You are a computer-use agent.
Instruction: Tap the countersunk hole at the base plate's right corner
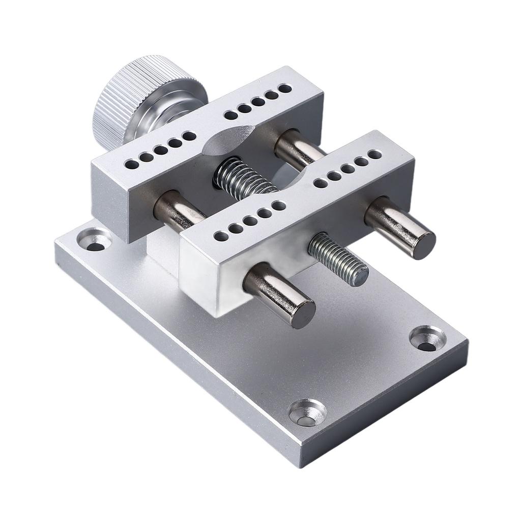coord(428,339)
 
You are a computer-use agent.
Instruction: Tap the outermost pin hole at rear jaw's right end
coord(285,89)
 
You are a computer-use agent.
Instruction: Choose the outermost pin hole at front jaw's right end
coord(375,154)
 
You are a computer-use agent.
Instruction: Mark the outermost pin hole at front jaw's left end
coord(220,237)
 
